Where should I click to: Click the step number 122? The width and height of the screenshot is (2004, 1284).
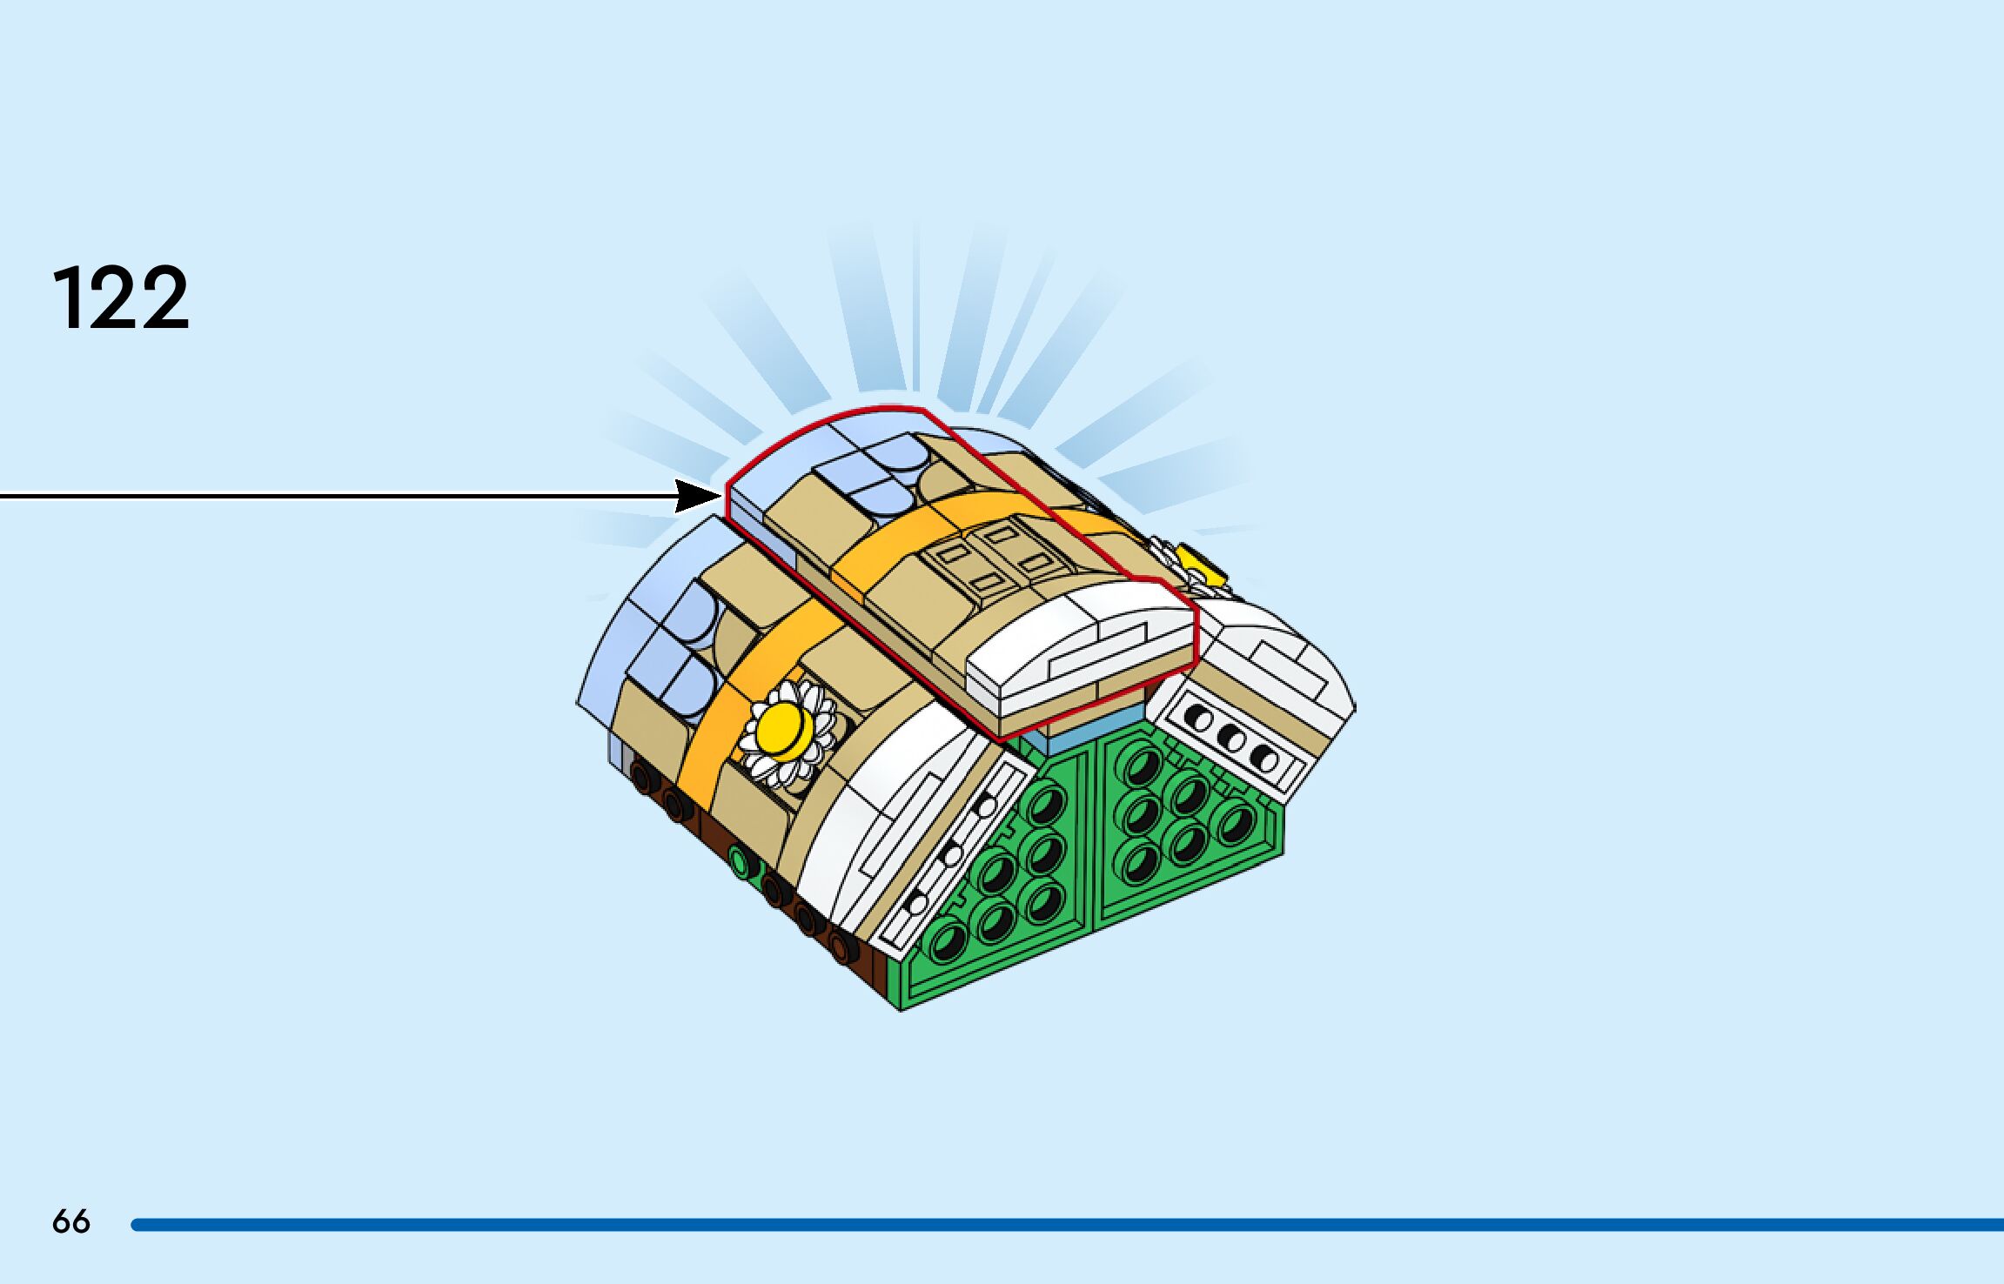(x=121, y=298)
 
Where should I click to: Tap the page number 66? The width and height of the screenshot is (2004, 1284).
(x=70, y=1221)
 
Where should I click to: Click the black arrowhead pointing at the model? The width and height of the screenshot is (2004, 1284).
(x=697, y=497)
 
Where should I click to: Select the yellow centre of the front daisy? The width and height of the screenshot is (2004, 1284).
(x=783, y=728)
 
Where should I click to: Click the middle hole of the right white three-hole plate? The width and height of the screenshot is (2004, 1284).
(x=1232, y=739)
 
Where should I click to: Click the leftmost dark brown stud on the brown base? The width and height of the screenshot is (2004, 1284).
(x=644, y=776)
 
